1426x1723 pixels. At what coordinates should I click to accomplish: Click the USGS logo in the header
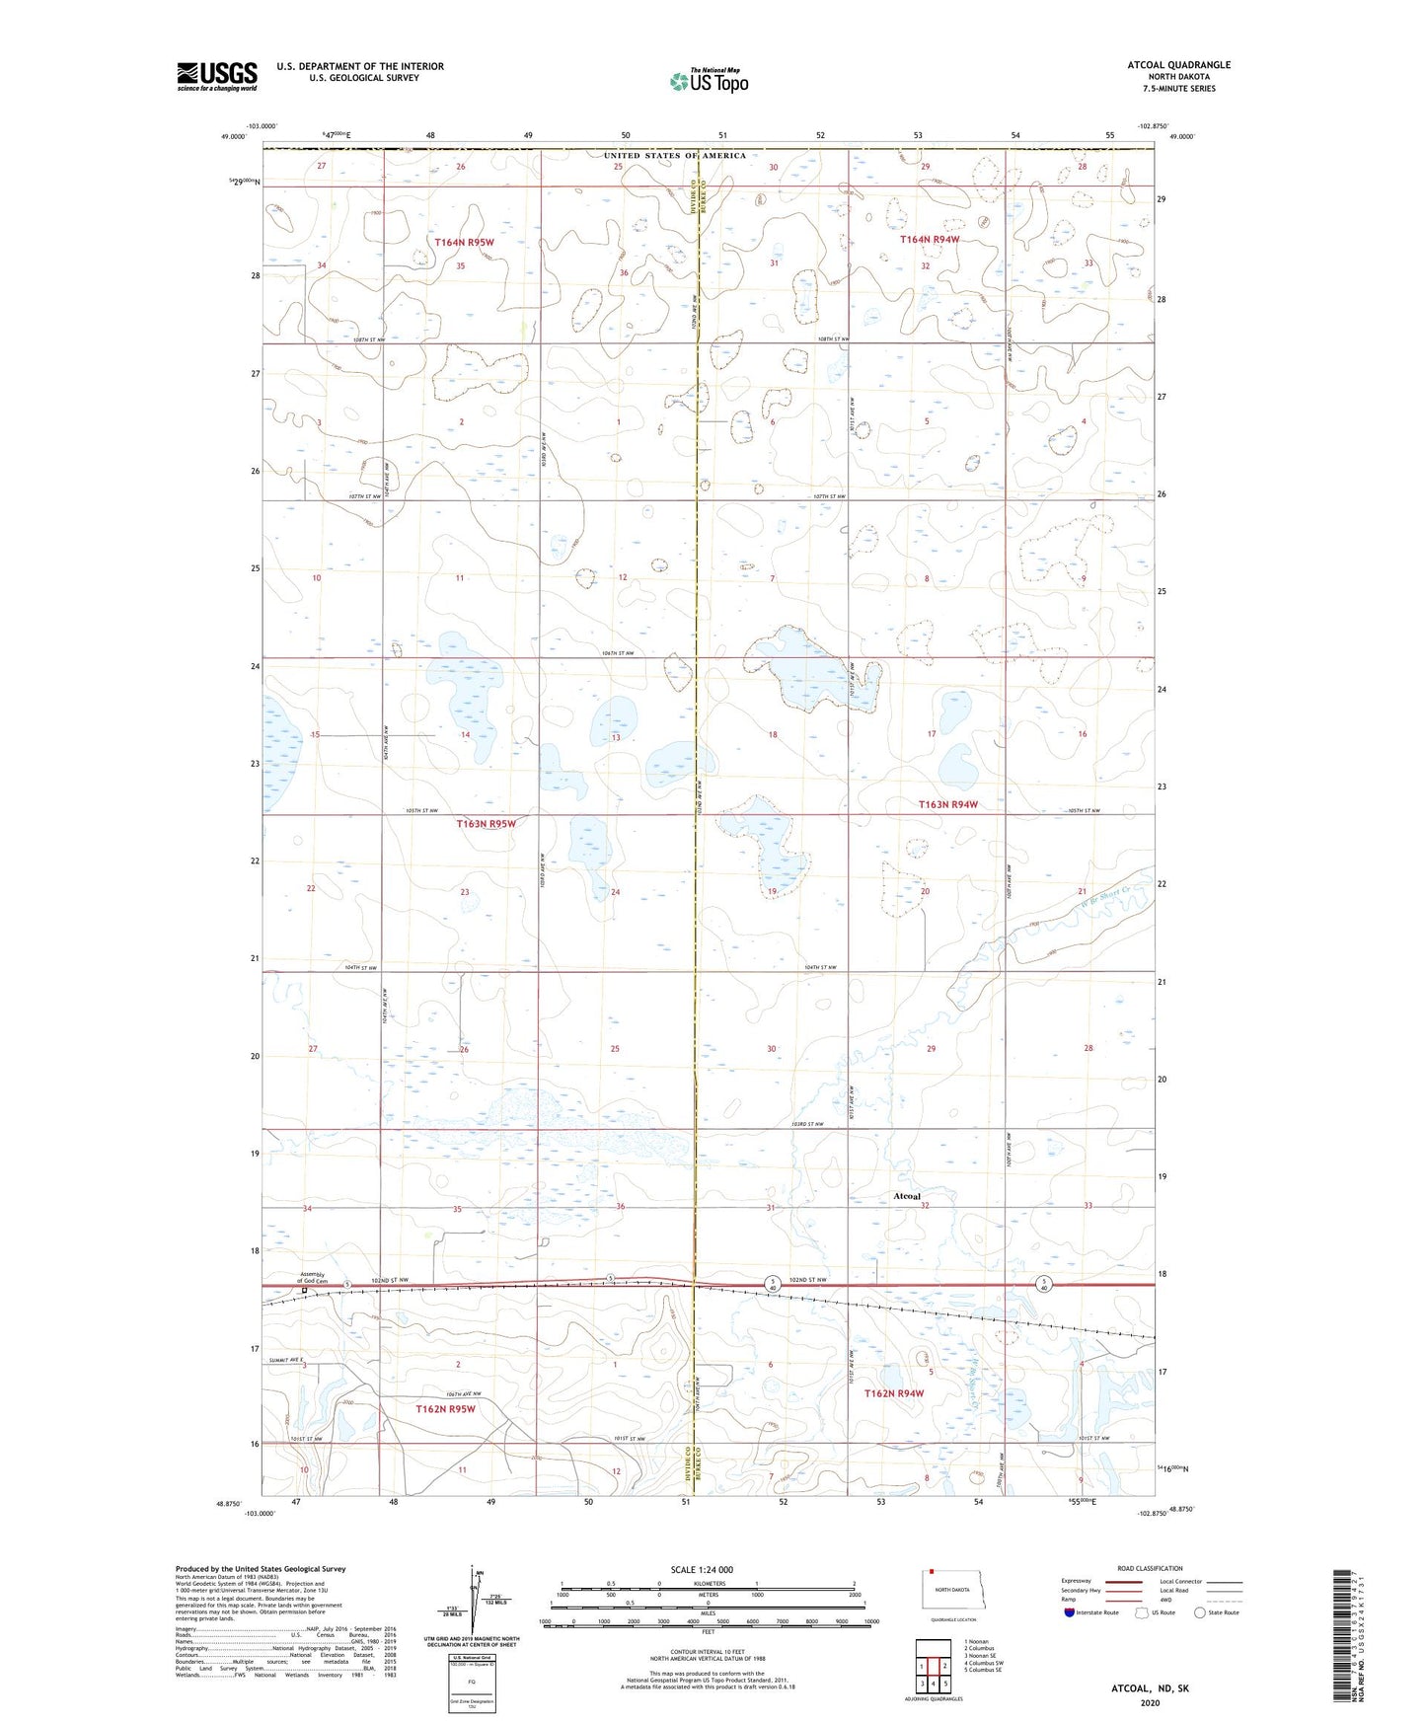pyautogui.click(x=216, y=75)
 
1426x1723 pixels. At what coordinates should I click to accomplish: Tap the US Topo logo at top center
pyautogui.click(x=708, y=81)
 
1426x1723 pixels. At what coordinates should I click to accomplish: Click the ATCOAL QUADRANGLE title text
pyautogui.click(x=1179, y=65)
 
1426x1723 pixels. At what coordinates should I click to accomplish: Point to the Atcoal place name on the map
pyautogui.click(x=906, y=1197)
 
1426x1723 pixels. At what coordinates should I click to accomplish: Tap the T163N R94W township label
pyautogui.click(x=947, y=804)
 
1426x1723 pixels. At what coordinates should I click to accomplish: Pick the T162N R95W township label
pyautogui.click(x=445, y=1409)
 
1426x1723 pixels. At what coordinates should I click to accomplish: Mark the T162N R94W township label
pyautogui.click(x=893, y=1393)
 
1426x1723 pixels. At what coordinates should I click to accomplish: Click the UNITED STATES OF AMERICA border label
pyautogui.click(x=675, y=156)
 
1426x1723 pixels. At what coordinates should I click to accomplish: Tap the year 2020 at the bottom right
pyautogui.click(x=1150, y=1703)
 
